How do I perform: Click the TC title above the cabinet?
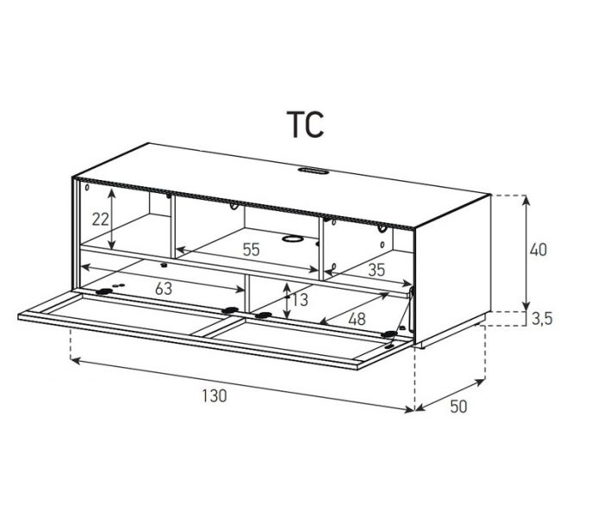pyautogui.click(x=305, y=124)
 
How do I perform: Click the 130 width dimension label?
pyautogui.click(x=214, y=396)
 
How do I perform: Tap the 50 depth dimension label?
pyautogui.click(x=458, y=407)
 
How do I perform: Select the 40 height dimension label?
pyautogui.click(x=538, y=250)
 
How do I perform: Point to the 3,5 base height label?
pyautogui.click(x=542, y=319)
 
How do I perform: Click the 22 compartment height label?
pyautogui.click(x=101, y=219)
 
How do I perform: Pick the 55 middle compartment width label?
pyautogui.click(x=252, y=250)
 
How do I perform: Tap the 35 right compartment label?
pyautogui.click(x=376, y=270)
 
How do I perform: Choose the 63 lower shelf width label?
pyautogui.click(x=164, y=289)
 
